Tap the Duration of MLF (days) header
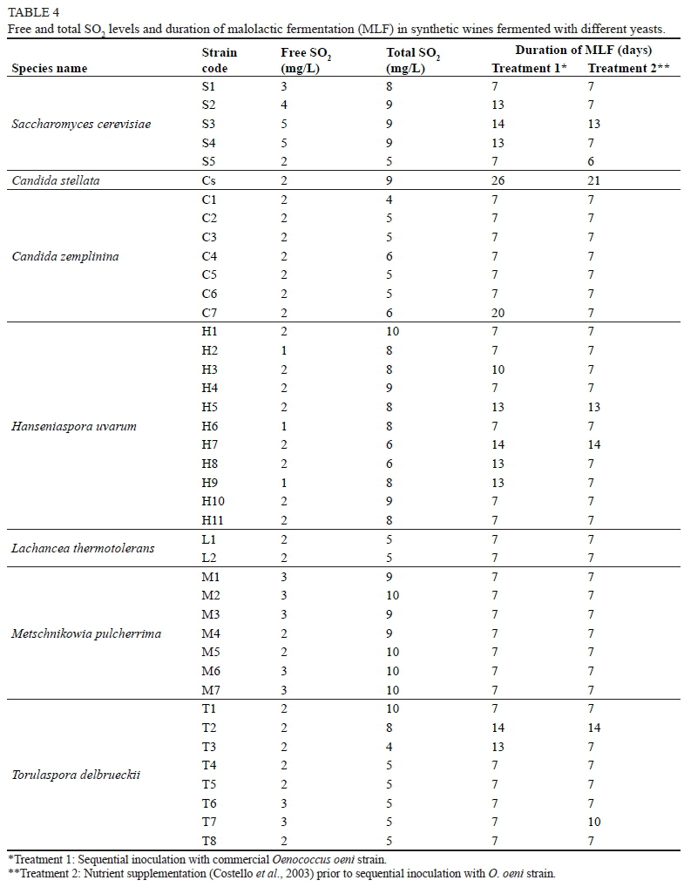pos(583,51)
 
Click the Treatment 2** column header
pos(628,69)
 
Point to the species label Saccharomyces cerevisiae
pos(81,124)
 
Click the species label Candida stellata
pos(53,180)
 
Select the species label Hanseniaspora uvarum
pos(74,426)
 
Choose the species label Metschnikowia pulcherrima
pos(86,633)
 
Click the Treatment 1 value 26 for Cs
pos(498,180)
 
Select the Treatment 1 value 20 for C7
pos(498,313)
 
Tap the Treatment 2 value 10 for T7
pos(594,822)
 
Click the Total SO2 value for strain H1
pos(392,332)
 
